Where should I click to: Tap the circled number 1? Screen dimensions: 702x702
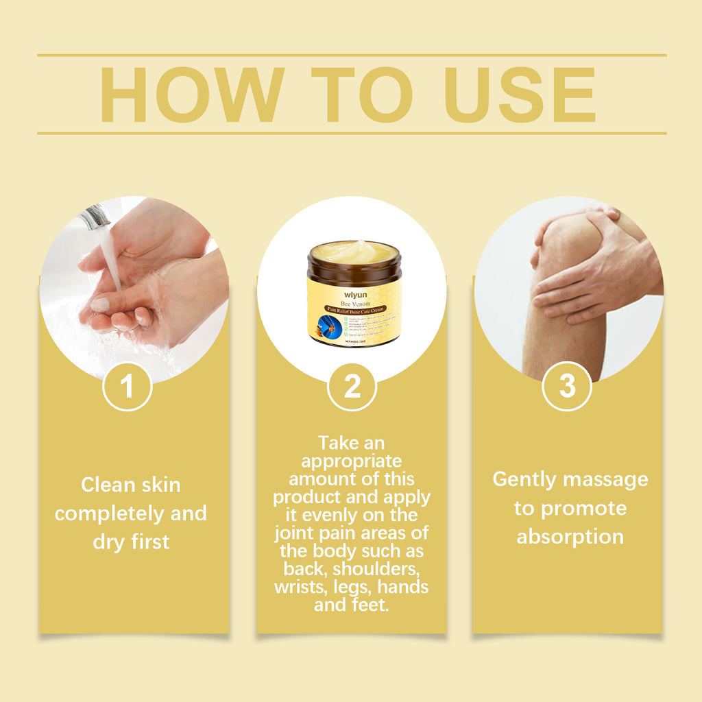pyautogui.click(x=127, y=387)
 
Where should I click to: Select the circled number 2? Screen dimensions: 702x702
pyautogui.click(x=352, y=387)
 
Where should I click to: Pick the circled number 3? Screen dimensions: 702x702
pyautogui.click(x=567, y=387)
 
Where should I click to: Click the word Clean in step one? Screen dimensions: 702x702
pyautogui.click(x=106, y=485)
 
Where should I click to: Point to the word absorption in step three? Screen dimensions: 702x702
pyautogui.click(x=570, y=536)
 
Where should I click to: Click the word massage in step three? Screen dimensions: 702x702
pyautogui.click(x=607, y=479)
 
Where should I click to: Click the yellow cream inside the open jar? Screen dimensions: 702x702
pyautogui.click(x=354, y=252)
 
